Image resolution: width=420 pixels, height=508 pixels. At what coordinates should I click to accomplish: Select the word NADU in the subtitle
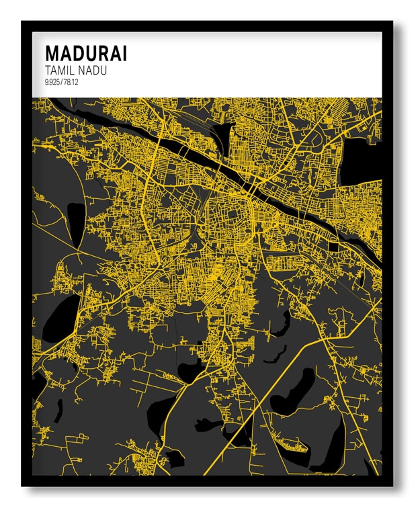coord(94,70)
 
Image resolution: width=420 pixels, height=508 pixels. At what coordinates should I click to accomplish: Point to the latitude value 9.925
coord(52,81)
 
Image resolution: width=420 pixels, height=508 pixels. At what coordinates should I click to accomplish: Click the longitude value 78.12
coord(71,81)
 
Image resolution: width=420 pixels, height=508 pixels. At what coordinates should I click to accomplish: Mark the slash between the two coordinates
coord(62,81)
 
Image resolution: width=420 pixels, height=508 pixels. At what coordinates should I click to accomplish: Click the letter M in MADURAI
coord(52,54)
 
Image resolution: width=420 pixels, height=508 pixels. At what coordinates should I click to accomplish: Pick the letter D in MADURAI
coord(79,54)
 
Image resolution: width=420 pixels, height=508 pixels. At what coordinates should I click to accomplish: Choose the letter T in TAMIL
coord(48,70)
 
